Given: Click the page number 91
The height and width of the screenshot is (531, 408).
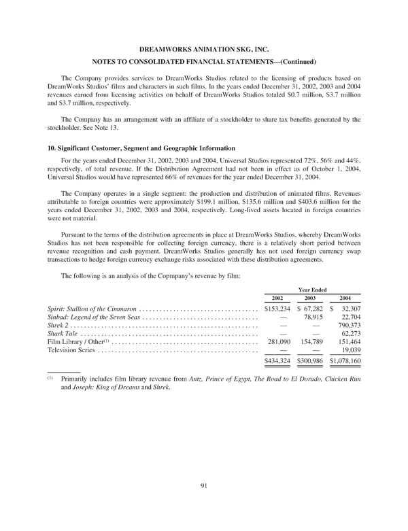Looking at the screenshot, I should click(204, 485).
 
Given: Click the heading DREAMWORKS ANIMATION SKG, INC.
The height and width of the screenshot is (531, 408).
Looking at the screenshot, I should click(204, 49).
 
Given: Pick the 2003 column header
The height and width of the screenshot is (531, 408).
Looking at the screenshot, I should click(309, 298).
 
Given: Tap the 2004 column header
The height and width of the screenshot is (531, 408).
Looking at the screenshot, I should click(345, 298).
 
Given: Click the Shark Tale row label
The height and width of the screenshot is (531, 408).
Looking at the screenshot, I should click(62, 333).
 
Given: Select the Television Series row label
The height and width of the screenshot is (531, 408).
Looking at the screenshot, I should click(71, 351).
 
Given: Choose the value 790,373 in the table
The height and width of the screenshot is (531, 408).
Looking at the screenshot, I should click(346, 324).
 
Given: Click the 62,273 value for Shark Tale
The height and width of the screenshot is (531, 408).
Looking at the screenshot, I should click(350, 333).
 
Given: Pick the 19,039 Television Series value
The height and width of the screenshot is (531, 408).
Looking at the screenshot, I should click(350, 351).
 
